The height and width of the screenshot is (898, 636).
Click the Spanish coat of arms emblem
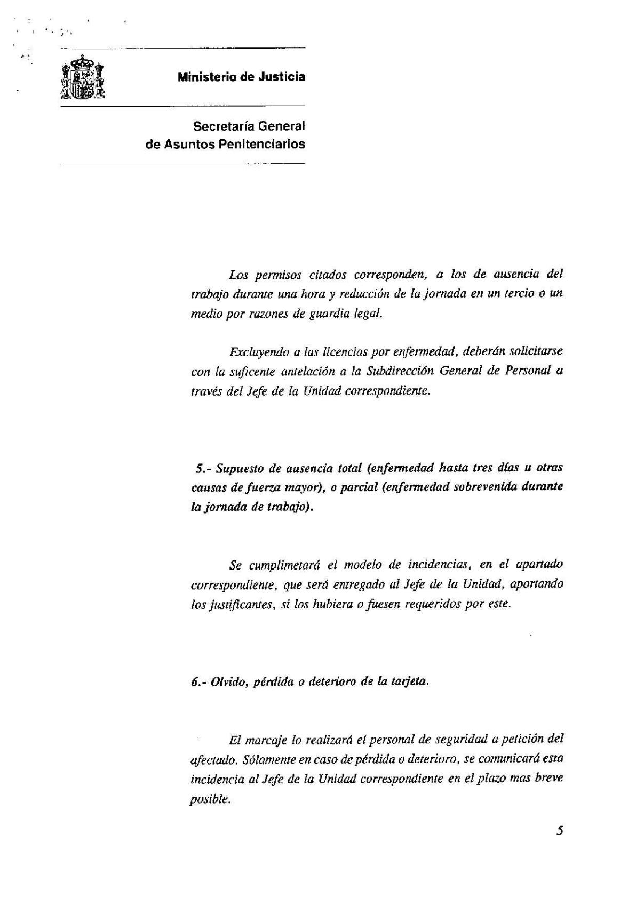(82, 78)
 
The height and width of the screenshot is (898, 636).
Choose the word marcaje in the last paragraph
(272, 740)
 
